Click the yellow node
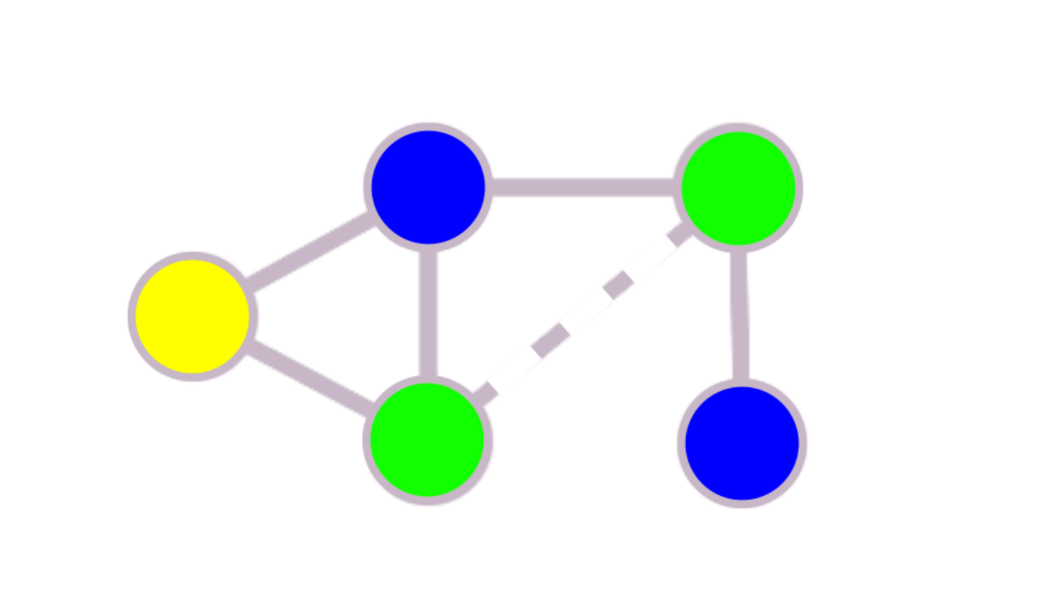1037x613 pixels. tap(192, 316)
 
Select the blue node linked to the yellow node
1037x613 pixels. tap(428, 187)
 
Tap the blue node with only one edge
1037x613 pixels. tap(742, 442)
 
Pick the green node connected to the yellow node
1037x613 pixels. tap(426, 439)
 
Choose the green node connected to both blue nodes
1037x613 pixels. tap(738, 188)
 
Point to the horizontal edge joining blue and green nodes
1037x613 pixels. tap(582, 187)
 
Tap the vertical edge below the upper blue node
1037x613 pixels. tap(428, 313)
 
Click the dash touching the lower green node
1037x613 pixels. tap(485, 391)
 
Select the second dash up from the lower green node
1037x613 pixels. tap(551, 339)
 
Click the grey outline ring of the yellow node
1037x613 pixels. tap(192, 256)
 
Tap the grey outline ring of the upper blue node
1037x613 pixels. tap(428, 127)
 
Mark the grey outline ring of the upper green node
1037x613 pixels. tap(738, 127)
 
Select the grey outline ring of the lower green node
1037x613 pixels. tap(426, 500)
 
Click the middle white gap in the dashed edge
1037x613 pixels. tap(584, 311)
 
